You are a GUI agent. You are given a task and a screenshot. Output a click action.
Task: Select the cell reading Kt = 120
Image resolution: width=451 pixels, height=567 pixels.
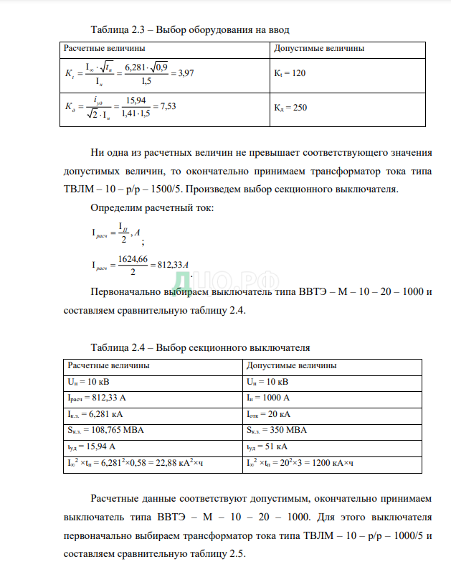click(290, 73)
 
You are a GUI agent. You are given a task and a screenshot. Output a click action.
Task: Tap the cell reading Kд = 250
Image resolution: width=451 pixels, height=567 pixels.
click(290, 108)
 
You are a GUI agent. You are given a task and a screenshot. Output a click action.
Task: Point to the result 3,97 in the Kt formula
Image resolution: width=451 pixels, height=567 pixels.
click(185, 73)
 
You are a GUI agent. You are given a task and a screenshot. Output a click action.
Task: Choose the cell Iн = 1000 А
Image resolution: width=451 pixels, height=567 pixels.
click(267, 397)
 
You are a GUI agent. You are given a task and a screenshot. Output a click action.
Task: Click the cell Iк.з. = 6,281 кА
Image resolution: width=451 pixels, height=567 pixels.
click(95, 413)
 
